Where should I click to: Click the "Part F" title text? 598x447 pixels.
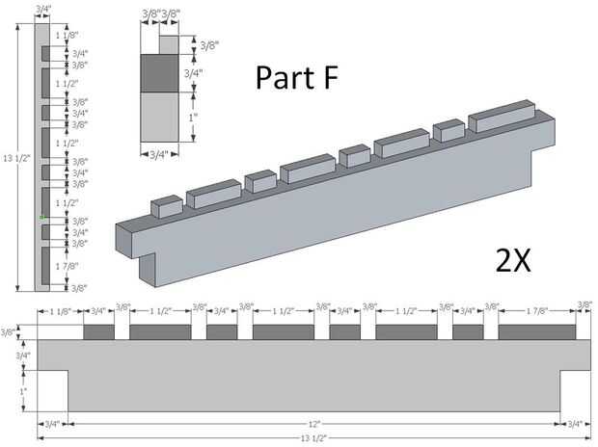[297, 79]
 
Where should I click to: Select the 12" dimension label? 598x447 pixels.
[314, 423]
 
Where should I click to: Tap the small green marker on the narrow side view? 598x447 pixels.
[42, 218]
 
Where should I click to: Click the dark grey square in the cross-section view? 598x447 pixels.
[159, 73]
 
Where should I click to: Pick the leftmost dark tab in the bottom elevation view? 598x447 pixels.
[98, 332]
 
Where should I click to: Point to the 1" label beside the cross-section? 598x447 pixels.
[193, 117]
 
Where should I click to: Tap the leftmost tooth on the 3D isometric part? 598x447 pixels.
[167, 206]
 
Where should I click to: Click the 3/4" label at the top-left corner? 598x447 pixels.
[42, 10]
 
